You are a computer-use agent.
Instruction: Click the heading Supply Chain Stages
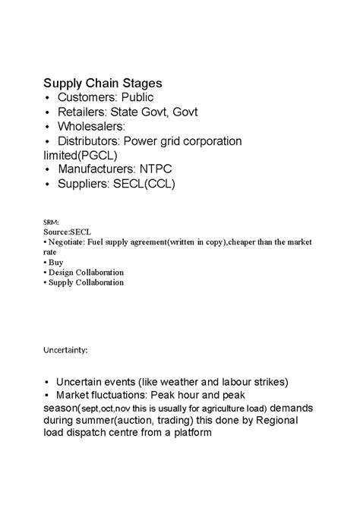pyautogui.click(x=101, y=82)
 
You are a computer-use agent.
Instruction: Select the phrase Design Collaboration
pyautogui.click(x=86, y=272)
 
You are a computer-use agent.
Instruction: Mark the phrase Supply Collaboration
pyautogui.click(x=85, y=282)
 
